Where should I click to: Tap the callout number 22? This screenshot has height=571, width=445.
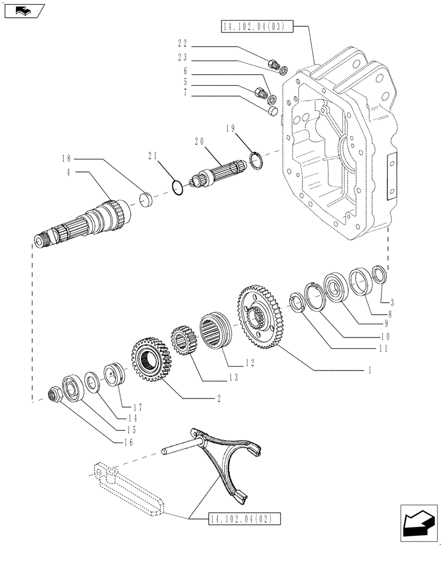click(x=182, y=43)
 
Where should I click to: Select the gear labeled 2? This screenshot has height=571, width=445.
click(x=152, y=359)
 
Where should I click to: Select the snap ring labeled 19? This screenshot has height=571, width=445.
click(x=257, y=160)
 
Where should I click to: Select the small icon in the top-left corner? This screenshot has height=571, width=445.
click(x=23, y=10)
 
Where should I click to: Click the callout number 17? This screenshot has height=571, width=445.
click(x=136, y=408)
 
